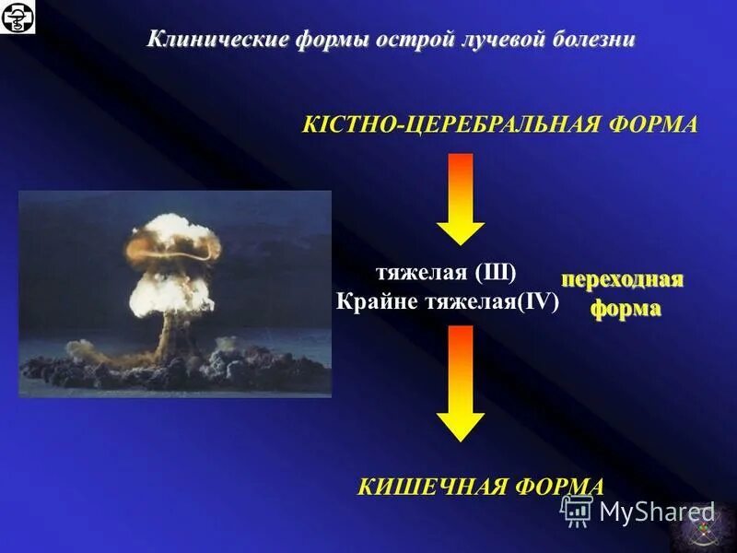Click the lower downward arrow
click(461, 382)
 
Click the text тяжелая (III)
click(446, 275)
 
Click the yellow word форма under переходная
click(626, 309)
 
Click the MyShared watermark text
click(657, 512)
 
